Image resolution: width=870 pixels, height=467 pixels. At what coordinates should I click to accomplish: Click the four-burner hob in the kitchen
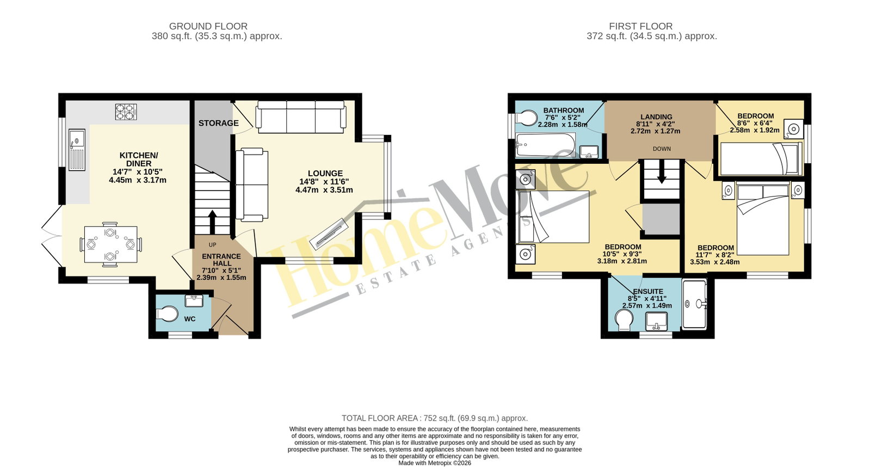click(x=126, y=112)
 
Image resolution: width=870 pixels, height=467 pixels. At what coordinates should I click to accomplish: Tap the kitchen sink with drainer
click(x=77, y=150)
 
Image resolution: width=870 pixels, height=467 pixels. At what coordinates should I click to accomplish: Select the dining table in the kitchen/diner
click(x=110, y=245)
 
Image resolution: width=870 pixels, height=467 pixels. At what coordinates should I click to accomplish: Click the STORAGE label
click(x=219, y=123)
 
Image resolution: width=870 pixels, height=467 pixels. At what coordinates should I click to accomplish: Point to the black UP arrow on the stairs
click(x=212, y=223)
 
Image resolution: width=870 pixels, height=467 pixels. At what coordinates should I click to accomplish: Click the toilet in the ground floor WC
click(x=167, y=314)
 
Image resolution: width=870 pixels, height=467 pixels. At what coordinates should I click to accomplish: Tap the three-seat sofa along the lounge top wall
click(x=301, y=117)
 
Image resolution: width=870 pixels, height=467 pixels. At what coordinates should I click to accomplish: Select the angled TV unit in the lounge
click(x=328, y=234)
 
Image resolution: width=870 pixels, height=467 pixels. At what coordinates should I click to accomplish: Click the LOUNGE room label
click(x=325, y=174)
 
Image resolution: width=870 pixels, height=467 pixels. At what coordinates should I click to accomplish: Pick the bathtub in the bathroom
click(x=545, y=145)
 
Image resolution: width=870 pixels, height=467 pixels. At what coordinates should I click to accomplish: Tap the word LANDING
click(x=656, y=117)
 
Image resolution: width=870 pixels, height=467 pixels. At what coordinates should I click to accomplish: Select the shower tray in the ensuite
click(x=694, y=305)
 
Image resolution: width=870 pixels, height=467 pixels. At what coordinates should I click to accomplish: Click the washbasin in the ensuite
click(x=656, y=321)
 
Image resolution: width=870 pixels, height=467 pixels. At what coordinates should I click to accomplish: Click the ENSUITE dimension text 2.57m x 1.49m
click(x=647, y=306)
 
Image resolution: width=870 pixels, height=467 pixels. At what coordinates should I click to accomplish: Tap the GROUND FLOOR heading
click(x=208, y=27)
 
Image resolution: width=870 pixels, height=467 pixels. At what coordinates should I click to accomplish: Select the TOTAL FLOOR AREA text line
click(x=435, y=419)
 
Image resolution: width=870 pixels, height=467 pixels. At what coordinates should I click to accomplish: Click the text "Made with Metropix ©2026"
click(x=435, y=463)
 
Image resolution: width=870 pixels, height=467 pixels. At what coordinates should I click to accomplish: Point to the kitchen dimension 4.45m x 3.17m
click(x=138, y=180)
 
